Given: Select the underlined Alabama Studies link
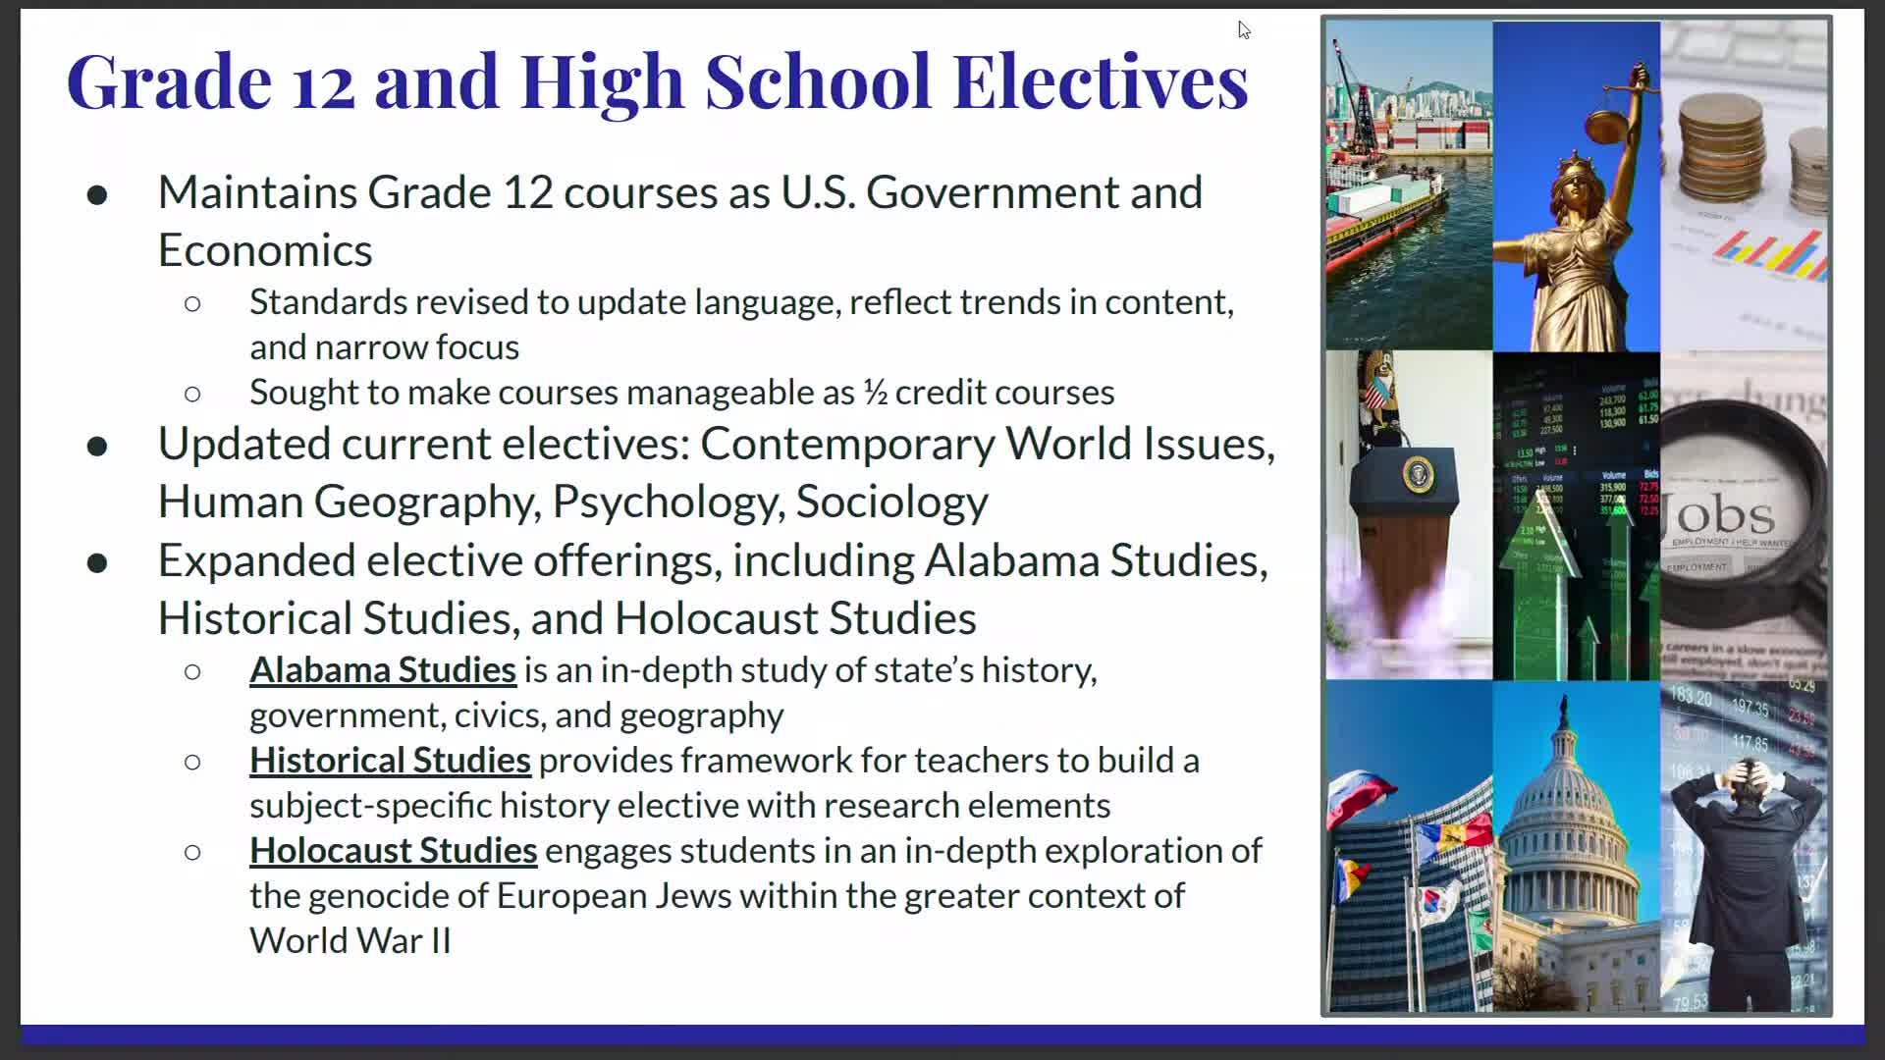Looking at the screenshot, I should (x=382, y=670).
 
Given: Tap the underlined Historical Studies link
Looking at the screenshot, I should (x=390, y=761).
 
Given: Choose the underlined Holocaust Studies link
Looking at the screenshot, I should (x=393, y=851).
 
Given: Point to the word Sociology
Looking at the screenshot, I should (x=891, y=502).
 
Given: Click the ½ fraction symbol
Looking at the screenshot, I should (x=875, y=393).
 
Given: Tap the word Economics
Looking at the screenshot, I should (x=265, y=250).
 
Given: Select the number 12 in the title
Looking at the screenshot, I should (x=323, y=82).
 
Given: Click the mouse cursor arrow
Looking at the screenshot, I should (x=1243, y=29).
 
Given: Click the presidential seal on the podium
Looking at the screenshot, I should (x=1417, y=475).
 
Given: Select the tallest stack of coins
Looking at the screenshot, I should (x=1720, y=147).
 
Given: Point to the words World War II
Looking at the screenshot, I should (x=350, y=941).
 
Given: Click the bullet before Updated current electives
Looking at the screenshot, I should (x=97, y=447).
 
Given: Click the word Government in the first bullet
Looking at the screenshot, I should (x=992, y=192).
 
